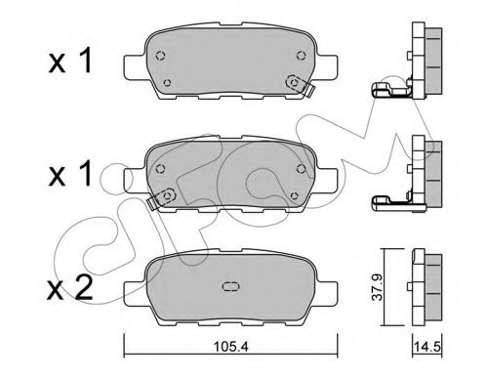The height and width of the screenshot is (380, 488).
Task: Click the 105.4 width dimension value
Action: coord(231,344)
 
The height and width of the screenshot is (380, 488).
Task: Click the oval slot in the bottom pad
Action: coord(232,287)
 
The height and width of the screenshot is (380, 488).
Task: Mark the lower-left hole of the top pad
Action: coord(169,82)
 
